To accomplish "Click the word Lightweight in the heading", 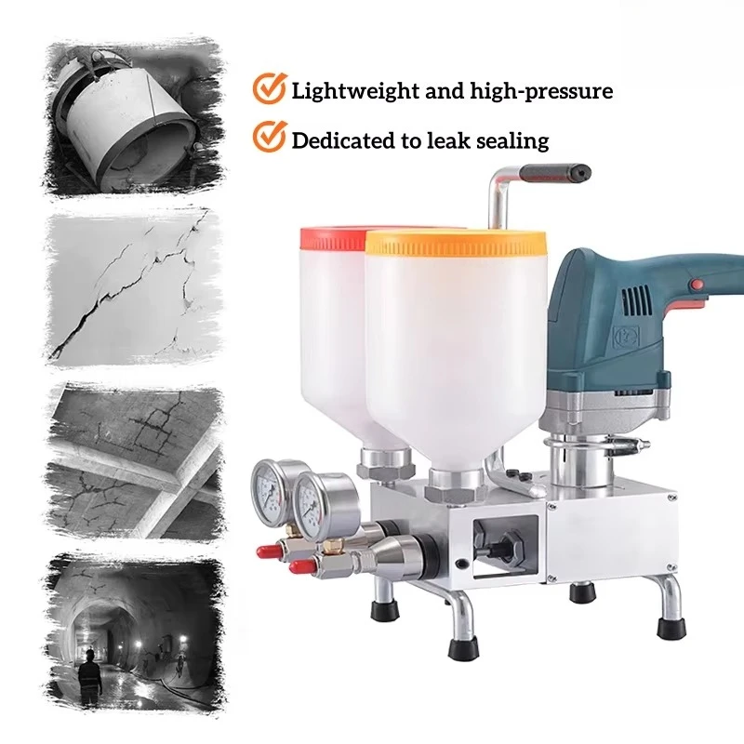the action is point(356,91).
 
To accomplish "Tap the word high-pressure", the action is point(541,91).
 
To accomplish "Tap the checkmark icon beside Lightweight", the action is point(270,87).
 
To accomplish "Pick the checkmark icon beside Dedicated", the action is point(270,136).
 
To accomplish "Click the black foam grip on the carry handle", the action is point(555,173).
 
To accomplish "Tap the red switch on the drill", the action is point(697,285).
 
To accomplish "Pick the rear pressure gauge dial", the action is point(269,492).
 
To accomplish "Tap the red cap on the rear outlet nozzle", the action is point(267,551).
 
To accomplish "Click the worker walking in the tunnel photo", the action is point(89,676).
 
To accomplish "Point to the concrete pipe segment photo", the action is point(135,116).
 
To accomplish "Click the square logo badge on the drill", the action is point(626,336).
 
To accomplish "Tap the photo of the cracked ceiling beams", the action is point(135,463).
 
